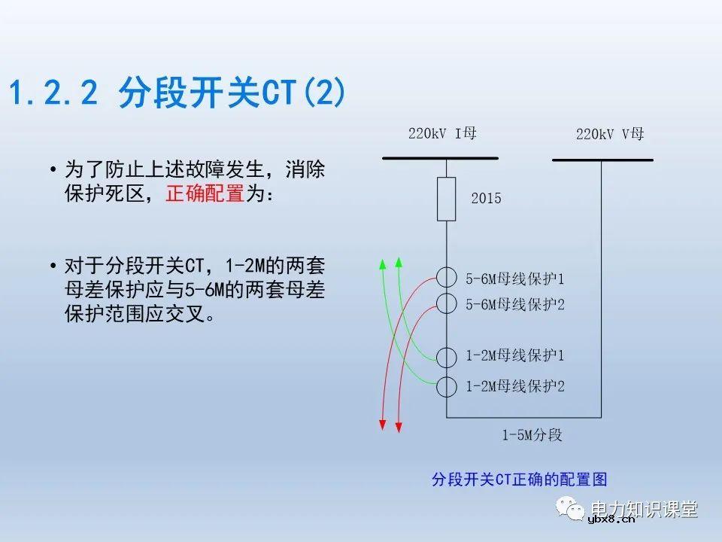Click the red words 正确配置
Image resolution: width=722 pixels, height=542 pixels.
[205, 194]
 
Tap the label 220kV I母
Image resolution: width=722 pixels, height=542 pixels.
[442, 134]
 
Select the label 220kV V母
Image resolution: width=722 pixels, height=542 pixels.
[610, 135]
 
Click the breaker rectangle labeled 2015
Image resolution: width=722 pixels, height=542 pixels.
[447, 199]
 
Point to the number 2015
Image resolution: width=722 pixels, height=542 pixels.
[486, 199]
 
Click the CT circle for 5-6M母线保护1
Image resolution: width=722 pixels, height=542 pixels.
[447, 277]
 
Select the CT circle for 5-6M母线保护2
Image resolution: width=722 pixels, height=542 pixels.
[447, 303]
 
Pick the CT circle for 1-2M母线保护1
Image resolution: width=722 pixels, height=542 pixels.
[447, 357]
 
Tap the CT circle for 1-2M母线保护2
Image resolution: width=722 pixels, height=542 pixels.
[447, 386]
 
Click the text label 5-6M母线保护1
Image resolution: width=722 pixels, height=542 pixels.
[514, 279]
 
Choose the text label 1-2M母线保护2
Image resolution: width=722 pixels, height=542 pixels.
[514, 386]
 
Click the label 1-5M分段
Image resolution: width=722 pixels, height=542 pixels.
[532, 435]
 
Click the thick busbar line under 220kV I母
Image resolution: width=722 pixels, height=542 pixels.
[440, 158]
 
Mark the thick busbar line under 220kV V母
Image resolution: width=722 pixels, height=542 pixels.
[602, 160]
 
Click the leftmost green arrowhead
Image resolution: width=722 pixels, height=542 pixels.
[382, 263]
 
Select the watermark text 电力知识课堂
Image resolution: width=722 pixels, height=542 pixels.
[645, 509]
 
